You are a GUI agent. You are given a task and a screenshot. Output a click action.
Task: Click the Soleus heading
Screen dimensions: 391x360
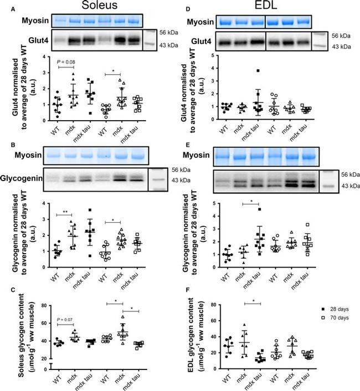point(91,7)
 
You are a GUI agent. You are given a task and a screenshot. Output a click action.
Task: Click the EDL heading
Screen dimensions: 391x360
point(271,7)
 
